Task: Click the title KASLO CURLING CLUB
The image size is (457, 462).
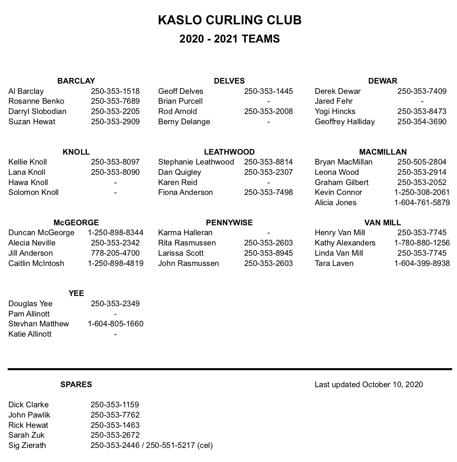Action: pyautogui.click(x=229, y=20)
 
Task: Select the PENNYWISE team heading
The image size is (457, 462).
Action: pyautogui.click(x=229, y=223)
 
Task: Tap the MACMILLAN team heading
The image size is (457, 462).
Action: pyautogui.click(x=383, y=152)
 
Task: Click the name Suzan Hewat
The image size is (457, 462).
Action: pyautogui.click(x=32, y=122)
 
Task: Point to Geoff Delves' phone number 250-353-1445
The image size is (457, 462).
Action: pyautogui.click(x=268, y=91)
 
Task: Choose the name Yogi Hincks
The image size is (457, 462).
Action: pyautogui.click(x=335, y=111)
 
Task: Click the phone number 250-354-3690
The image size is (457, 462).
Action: pyautogui.click(x=422, y=122)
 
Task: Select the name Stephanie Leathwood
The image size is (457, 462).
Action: pyautogui.click(x=196, y=162)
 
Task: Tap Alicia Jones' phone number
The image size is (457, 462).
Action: pyautogui.click(x=422, y=203)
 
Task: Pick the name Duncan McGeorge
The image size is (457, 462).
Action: pyautogui.click(x=41, y=233)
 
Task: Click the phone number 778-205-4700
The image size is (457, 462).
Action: pyautogui.click(x=115, y=253)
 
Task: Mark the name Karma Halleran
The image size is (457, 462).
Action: pyautogui.click(x=185, y=233)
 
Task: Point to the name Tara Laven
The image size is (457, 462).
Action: pyautogui.click(x=334, y=263)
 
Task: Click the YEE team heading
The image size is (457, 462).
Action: pyautogui.click(x=76, y=293)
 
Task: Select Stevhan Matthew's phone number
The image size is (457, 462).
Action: pyautogui.click(x=115, y=324)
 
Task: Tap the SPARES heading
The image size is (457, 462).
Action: pyautogui.click(x=76, y=384)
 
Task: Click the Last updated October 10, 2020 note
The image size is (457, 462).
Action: pyautogui.click(x=369, y=384)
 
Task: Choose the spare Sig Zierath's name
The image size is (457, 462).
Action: pyautogui.click(x=27, y=445)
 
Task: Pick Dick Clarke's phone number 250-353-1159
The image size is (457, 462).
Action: pyautogui.click(x=115, y=405)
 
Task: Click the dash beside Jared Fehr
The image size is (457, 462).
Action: pyautogui.click(x=422, y=101)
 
